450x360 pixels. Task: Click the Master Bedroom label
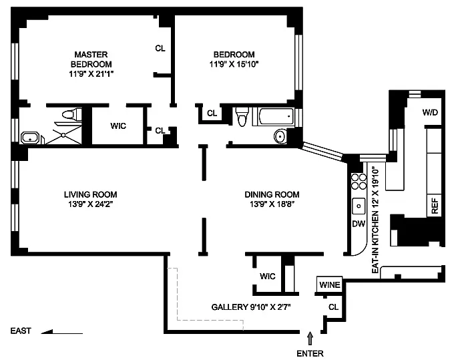91,59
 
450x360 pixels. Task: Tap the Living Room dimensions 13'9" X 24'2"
91,204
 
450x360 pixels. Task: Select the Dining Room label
272,194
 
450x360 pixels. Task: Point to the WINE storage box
329,285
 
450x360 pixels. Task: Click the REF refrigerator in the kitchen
434,206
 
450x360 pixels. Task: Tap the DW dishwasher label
359,224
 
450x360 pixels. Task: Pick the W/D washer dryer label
430,112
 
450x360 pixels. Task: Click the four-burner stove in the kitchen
359,182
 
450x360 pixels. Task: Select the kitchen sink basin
359,206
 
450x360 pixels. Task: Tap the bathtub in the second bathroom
274,117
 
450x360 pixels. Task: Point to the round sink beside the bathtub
280,136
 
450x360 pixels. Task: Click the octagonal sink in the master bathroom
31,138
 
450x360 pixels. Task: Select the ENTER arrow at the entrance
310,339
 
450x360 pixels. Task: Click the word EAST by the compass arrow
21,331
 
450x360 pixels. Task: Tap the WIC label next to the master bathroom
118,126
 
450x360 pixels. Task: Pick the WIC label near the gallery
268,276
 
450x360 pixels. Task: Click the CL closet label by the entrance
333,307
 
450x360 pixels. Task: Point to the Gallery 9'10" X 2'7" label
251,307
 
